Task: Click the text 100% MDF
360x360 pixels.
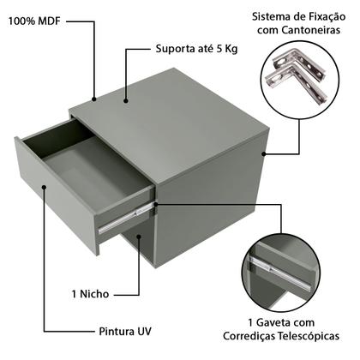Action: [x=34, y=21]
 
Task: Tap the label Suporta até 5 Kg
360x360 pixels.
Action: [x=196, y=49]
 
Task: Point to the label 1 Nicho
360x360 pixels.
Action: [x=90, y=294]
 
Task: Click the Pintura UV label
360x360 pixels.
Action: [x=125, y=332]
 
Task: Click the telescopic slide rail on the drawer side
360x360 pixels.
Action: [x=125, y=219]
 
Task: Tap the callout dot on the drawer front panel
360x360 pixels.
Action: [x=44, y=187]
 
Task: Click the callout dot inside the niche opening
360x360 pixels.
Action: [x=139, y=237]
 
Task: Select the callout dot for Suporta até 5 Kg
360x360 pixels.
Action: [x=126, y=100]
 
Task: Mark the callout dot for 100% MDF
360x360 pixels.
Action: [x=94, y=99]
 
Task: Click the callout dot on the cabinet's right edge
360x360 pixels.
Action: [x=264, y=154]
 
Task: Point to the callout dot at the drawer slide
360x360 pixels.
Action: [x=156, y=204]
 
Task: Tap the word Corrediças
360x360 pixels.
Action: [x=249, y=336]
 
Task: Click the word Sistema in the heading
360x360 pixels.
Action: [x=270, y=17]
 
